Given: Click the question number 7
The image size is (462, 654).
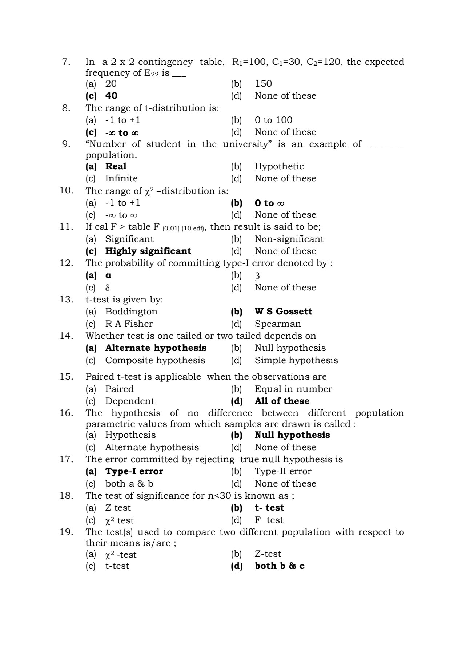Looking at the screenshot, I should click(x=66, y=62).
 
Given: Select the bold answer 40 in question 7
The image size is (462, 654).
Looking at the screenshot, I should click(x=111, y=96).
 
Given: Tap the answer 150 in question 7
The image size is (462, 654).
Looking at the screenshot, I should click(x=263, y=84).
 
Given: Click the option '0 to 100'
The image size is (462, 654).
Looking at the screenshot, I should click(x=273, y=120).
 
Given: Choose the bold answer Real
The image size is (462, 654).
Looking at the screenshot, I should click(x=116, y=166).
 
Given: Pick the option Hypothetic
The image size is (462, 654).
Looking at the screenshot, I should click(x=279, y=166).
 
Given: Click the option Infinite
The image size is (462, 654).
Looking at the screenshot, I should click(x=121, y=178).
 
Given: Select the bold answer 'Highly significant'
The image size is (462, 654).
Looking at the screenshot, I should click(x=148, y=251).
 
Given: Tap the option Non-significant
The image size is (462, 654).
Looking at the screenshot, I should click(x=289, y=239).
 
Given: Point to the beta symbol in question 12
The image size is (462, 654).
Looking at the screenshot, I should click(x=257, y=276).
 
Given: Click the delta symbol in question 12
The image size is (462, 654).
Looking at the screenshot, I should click(x=107, y=288).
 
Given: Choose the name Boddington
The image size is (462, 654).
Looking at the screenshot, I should click(x=131, y=312).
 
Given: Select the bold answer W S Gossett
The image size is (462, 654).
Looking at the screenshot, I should click(x=283, y=312).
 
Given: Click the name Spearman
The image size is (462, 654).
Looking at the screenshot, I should click(x=278, y=324).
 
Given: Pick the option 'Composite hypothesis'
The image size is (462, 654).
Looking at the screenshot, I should click(x=155, y=360).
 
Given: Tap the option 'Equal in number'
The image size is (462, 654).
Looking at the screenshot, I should click(x=293, y=389).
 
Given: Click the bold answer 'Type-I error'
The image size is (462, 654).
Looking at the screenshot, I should click(x=134, y=471).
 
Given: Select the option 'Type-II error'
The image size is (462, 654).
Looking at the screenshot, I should click(x=283, y=471).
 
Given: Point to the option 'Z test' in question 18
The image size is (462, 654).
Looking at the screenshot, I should click(x=118, y=508).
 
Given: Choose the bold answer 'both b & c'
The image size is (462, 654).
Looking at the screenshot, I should click(x=279, y=566).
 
